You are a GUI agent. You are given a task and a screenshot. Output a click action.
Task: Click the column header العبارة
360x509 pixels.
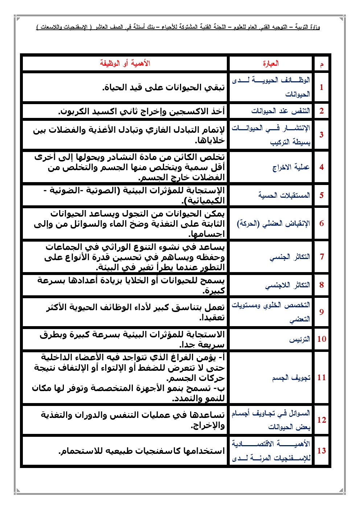[271, 63]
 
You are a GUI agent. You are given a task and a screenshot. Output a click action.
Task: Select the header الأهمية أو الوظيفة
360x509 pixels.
[125, 63]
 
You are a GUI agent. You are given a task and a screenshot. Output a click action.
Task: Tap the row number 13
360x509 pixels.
[322, 451]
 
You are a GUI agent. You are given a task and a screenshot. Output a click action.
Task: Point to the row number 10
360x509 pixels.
[322, 339]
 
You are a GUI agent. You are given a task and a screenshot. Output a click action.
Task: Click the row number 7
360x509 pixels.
[322, 256]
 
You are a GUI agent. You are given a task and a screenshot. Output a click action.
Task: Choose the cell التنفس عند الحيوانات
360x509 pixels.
[281, 111]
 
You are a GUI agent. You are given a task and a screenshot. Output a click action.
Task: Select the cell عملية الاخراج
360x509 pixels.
[291, 167]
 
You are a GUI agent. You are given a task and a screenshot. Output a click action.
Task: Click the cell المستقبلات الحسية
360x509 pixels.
[284, 195]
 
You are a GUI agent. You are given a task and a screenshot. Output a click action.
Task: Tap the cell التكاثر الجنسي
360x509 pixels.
[290, 257]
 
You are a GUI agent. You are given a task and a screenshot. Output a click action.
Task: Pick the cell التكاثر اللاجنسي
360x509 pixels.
[287, 285]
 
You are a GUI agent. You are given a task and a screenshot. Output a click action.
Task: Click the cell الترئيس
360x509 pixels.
[299, 339]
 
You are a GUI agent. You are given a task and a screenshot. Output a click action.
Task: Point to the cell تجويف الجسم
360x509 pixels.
[291, 378]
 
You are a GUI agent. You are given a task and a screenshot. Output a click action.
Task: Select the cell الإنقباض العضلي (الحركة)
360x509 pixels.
[274, 223]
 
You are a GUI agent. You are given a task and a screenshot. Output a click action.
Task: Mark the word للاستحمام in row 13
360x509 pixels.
[80, 451]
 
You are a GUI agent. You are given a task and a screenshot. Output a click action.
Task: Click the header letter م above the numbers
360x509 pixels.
[322, 65]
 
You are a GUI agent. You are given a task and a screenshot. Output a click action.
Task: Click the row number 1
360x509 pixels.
[322, 87]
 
